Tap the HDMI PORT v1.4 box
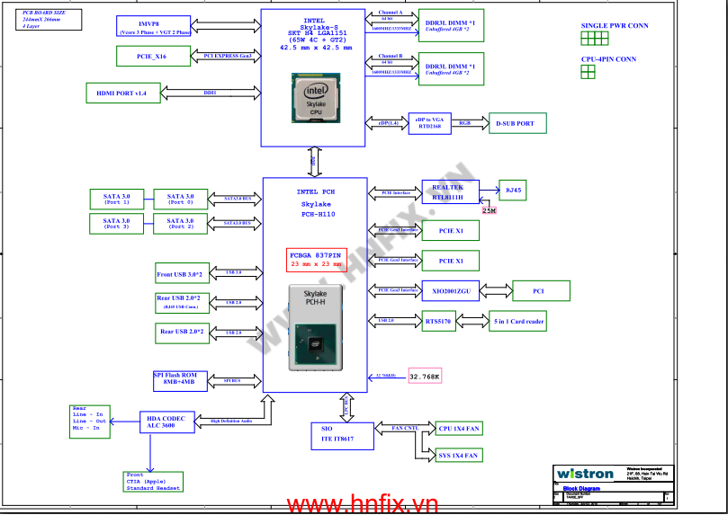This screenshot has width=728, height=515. tap(121, 93)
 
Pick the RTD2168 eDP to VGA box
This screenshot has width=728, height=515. tap(429, 123)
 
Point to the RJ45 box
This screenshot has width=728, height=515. tap(513, 191)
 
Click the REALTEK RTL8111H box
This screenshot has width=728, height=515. tap(447, 191)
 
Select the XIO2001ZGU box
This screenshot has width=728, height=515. tap(450, 290)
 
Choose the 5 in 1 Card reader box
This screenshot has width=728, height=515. tap(517, 320)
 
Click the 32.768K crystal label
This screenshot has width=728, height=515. tap(425, 377)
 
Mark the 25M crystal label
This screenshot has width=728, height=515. tap(489, 210)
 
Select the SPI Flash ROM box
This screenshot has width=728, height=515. tap(180, 379)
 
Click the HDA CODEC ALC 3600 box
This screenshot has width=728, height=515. tap(166, 421)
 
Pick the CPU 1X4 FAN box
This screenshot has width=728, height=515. tap(458, 428)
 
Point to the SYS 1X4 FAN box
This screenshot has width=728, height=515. tap(458, 456)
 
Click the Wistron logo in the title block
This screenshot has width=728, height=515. tap(585, 474)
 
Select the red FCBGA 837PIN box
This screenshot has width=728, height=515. tap(316, 259)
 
